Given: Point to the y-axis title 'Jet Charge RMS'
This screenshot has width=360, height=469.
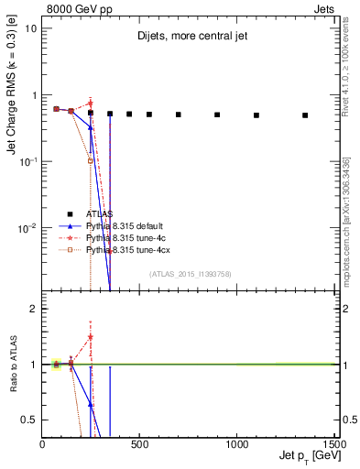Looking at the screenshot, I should pyautogui.click(x=13, y=107).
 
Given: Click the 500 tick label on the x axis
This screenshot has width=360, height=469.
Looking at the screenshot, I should pyautogui.click(x=140, y=444).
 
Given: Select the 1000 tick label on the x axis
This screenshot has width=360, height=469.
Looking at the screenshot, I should pyautogui.click(x=237, y=444).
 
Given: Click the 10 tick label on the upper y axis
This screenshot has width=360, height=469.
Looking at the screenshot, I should pyautogui.click(x=30, y=28).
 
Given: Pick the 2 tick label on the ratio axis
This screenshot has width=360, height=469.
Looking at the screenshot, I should pyautogui.click(x=33, y=309).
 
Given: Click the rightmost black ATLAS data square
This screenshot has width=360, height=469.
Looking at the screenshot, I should pyautogui.click(x=305, y=115).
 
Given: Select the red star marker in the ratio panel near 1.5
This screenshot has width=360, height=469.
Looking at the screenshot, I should pyautogui.click(x=91, y=336).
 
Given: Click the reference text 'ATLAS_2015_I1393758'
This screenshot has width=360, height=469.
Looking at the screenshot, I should pyautogui.click(x=190, y=274).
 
